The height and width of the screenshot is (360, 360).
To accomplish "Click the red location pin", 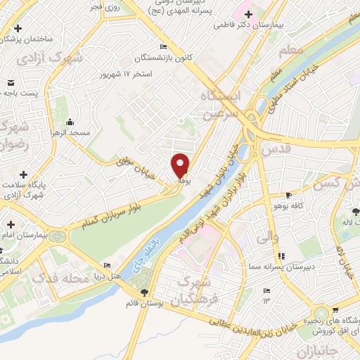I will pyautogui.click(x=181, y=165).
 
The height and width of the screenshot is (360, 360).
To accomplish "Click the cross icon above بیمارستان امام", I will pyautogui.click(x=10, y=224).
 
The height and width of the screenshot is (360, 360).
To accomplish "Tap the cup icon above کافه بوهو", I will pyautogui.click(x=288, y=195).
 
